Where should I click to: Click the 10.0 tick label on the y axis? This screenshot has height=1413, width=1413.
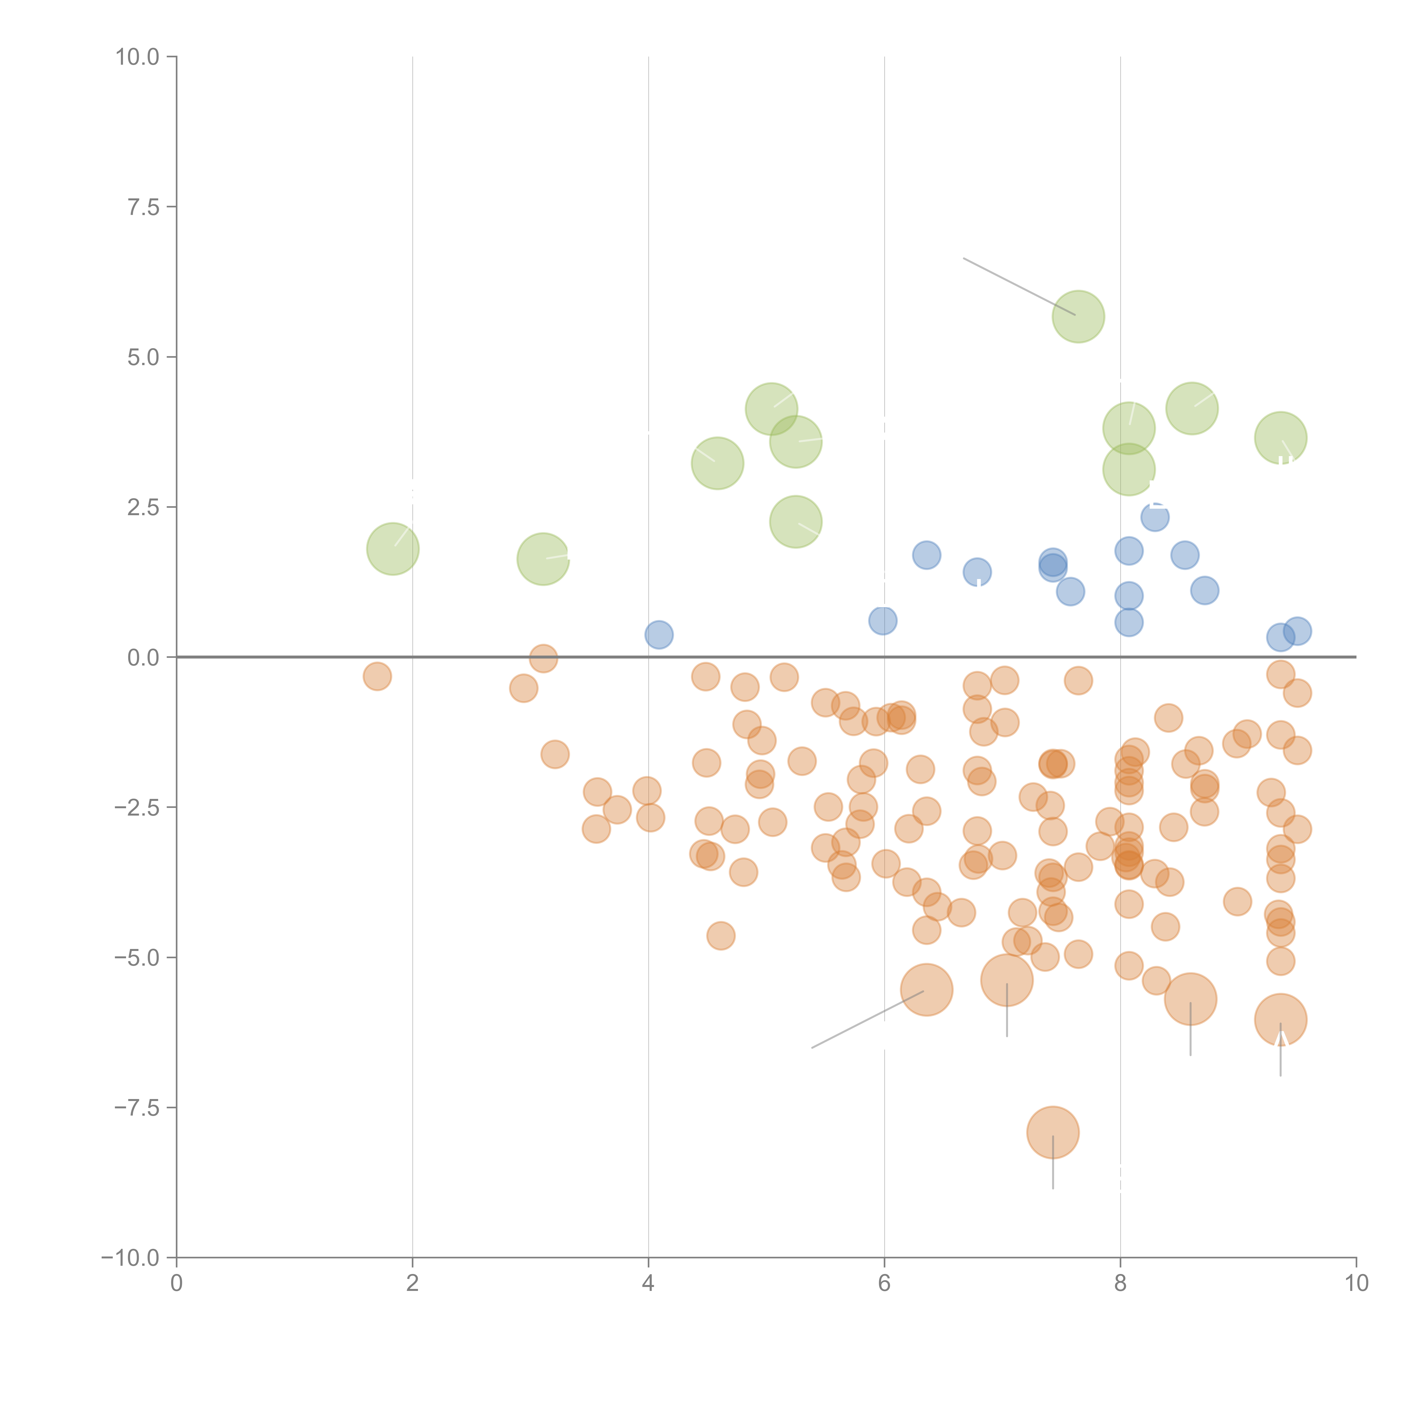(138, 57)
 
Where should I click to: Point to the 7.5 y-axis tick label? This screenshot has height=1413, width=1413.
(143, 207)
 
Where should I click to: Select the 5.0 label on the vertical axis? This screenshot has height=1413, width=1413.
(143, 358)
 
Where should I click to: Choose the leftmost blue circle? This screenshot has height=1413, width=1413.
(659, 635)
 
